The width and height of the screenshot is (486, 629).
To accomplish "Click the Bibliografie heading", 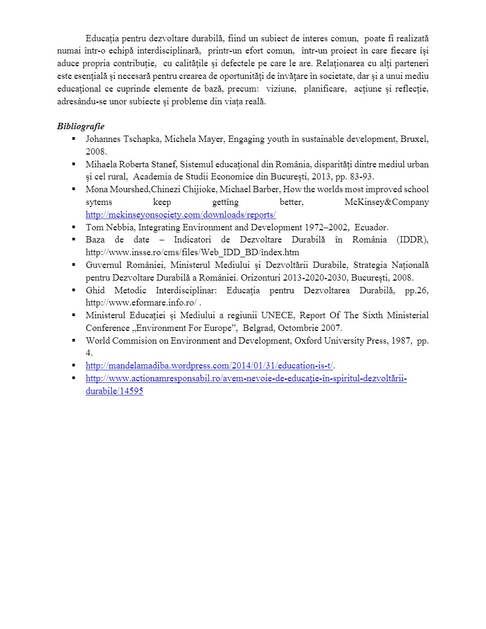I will (80, 127).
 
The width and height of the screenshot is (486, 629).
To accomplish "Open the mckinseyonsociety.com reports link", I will (181, 214).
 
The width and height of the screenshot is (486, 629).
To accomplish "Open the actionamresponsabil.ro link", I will (246, 379).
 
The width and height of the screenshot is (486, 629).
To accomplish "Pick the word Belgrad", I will (257, 328).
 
